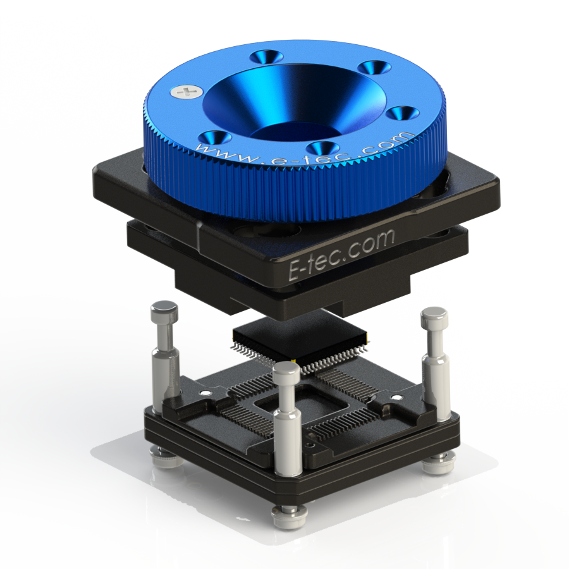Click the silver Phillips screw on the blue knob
186,92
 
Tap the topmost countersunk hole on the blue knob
267,56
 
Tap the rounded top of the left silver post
164,309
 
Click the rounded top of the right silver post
434,315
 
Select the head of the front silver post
286,370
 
